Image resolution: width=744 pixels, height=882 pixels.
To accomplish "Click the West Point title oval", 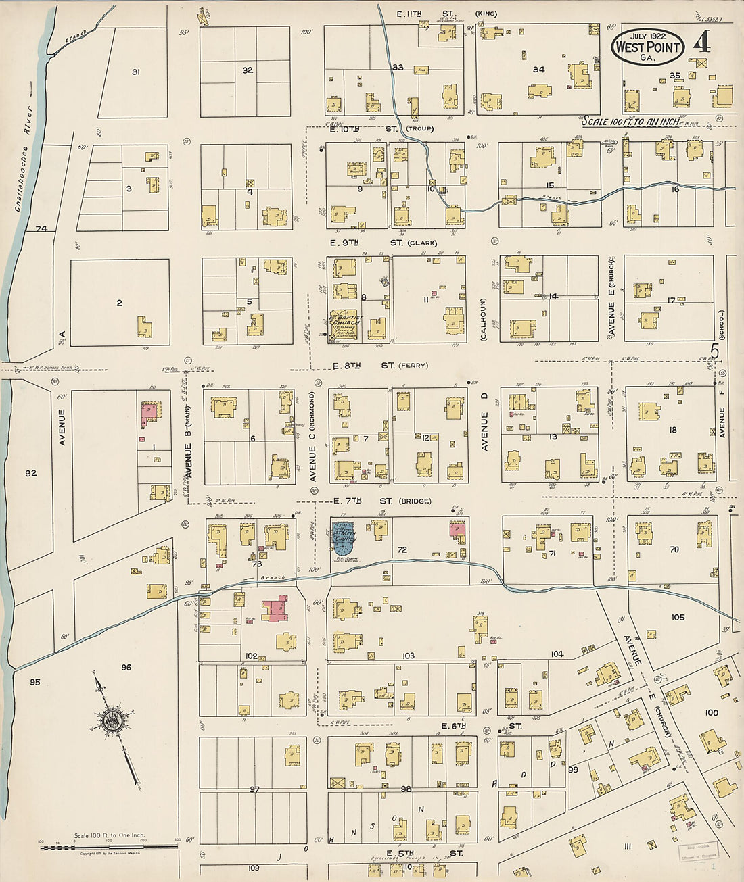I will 647,47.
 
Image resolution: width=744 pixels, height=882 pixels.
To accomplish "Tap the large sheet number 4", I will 701,43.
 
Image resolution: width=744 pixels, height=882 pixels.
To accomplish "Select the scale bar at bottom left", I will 108,846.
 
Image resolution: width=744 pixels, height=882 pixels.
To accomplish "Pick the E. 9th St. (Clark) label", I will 383,243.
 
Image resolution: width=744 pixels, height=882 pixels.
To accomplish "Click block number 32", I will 248,70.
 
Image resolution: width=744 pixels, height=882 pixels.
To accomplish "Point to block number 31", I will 135,72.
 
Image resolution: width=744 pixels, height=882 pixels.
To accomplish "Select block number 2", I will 119,303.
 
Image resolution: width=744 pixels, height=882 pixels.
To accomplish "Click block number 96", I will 126,668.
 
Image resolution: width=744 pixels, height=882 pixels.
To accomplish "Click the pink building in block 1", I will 149,413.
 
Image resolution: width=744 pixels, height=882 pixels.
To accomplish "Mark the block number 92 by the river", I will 31,473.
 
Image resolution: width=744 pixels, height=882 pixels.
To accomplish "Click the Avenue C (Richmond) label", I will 312,437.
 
